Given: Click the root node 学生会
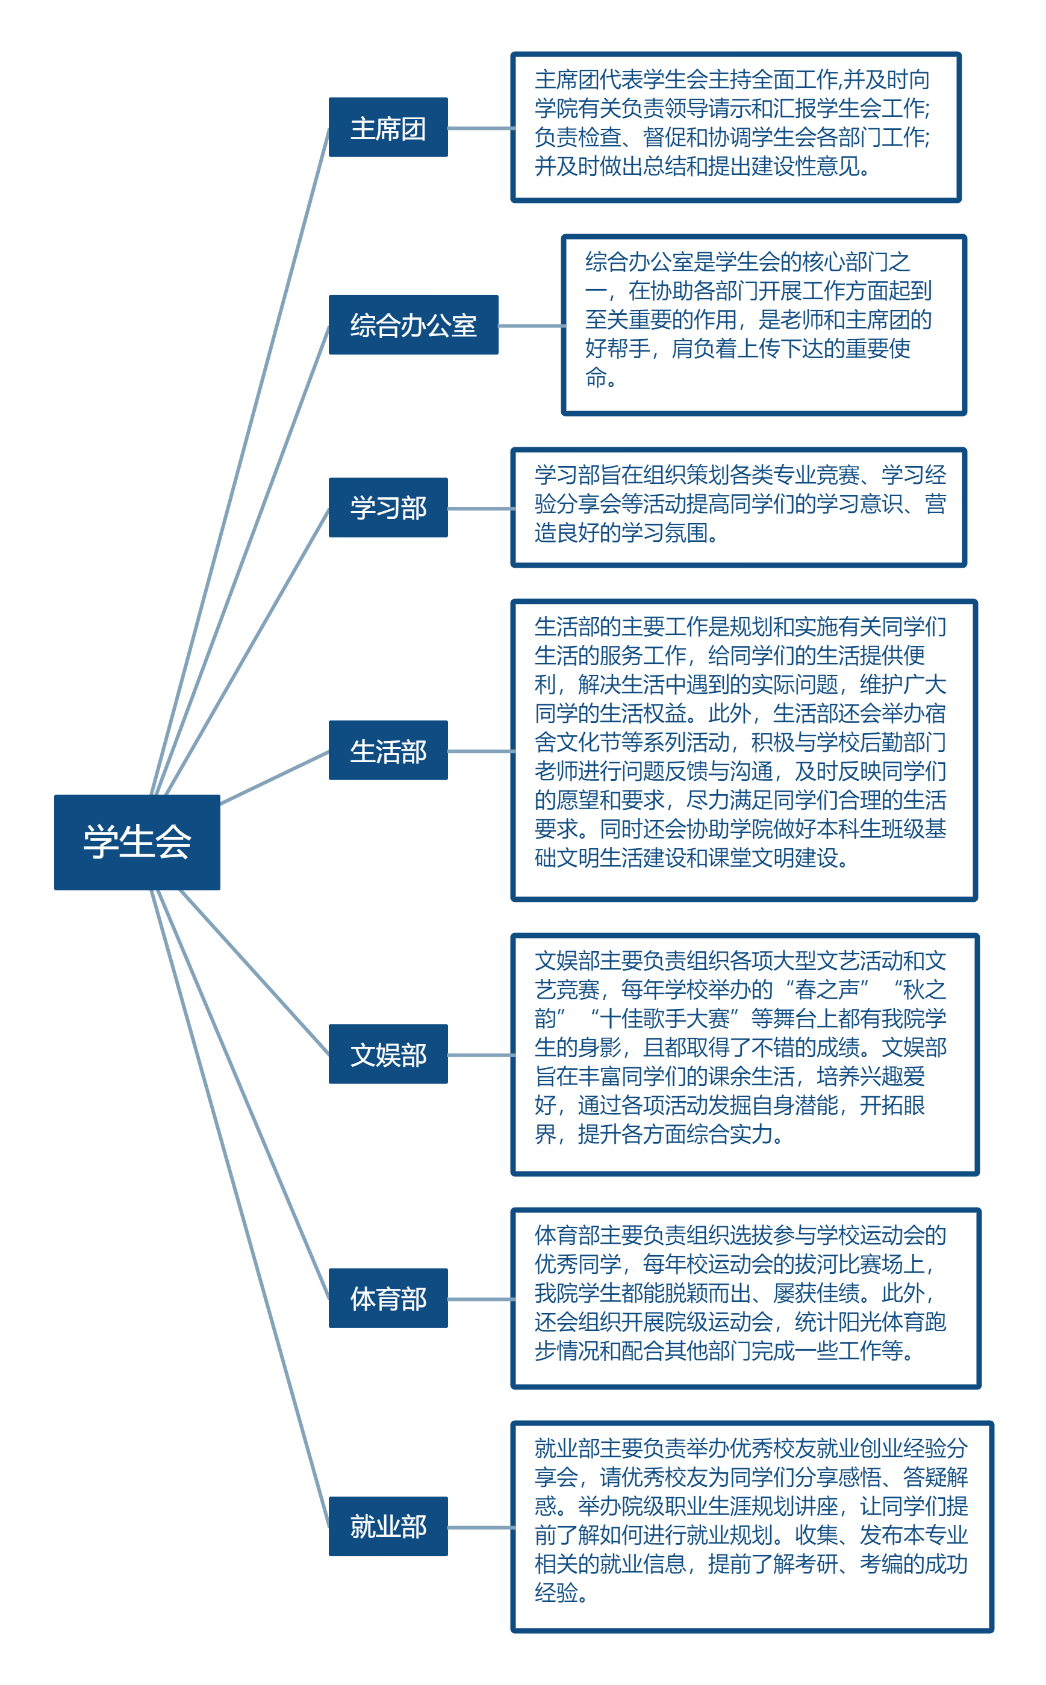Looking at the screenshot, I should pyautogui.click(x=137, y=842).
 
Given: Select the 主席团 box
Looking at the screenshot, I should pyautogui.click(x=388, y=127).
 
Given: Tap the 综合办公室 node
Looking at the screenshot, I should pyautogui.click(x=413, y=325).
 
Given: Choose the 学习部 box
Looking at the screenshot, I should pyautogui.click(x=388, y=507).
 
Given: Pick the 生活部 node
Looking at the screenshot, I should pyautogui.click(x=388, y=750).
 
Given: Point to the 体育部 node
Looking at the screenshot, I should pyautogui.click(x=388, y=1298).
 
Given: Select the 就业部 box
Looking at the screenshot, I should pyautogui.click(x=388, y=1526).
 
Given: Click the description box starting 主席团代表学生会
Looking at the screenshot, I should pyautogui.click(x=735, y=127).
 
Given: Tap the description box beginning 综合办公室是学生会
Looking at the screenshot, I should pyautogui.click(x=763, y=325).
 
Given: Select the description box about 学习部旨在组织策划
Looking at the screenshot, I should pyautogui.click(x=738, y=507).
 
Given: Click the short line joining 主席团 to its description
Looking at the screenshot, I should pyautogui.click(x=480, y=128).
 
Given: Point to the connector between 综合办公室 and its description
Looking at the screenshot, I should pyautogui.click(x=531, y=326).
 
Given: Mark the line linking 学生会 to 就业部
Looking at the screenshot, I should pyautogui.click(x=238, y=1206).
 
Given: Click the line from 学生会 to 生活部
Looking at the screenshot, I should pyautogui.click(x=275, y=777).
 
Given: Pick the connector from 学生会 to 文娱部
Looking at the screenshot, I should pyautogui.click(x=254, y=972).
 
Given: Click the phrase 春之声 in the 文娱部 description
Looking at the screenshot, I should pyautogui.click(x=827, y=990).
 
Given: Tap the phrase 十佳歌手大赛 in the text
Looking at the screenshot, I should pyautogui.click(x=665, y=1019).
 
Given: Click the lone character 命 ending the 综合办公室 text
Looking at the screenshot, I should pyautogui.click(x=596, y=377).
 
